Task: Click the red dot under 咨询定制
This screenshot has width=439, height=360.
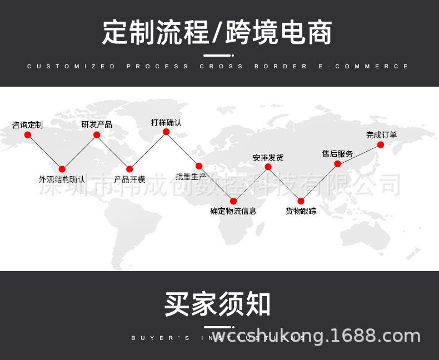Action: tap(28, 134)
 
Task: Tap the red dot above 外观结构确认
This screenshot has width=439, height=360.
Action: tap(62, 169)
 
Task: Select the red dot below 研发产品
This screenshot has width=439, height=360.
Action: tap(97, 134)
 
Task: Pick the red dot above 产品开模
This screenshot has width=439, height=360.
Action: tap(129, 169)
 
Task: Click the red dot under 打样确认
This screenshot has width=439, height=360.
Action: tap(166, 132)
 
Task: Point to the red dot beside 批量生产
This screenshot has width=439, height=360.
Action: tap(199, 166)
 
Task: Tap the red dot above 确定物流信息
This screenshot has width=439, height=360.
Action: tap(233, 201)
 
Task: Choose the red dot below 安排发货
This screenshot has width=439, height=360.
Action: tap(268, 167)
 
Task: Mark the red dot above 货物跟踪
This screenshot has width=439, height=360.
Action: tap(301, 201)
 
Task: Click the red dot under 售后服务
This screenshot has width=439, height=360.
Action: tap(337, 163)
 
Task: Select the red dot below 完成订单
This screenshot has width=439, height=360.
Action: tap(381, 144)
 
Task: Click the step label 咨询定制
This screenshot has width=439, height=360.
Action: tap(28, 125)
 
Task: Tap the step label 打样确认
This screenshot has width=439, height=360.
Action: tap(166, 122)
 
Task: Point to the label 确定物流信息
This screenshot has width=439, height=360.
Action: tap(233, 211)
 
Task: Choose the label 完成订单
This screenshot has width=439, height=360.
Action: tap(381, 134)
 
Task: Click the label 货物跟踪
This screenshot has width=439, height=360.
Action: tap(301, 211)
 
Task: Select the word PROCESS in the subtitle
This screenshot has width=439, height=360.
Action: tap(157, 66)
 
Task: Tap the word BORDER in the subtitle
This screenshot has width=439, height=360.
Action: tap(281, 66)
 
